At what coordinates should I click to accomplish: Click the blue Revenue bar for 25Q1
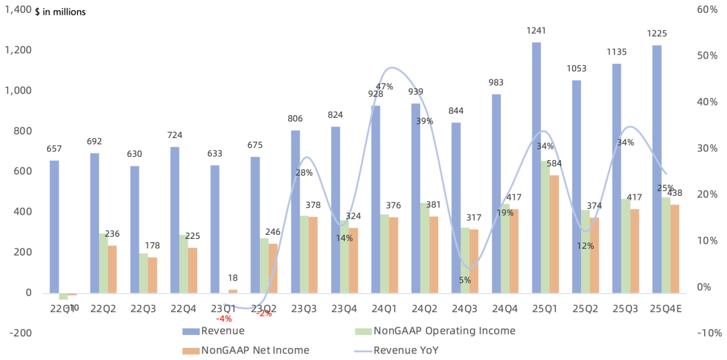[x=536, y=168]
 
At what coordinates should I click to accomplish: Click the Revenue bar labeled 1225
[x=657, y=169]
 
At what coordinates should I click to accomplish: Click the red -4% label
[x=223, y=318]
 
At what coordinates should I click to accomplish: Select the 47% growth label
[x=384, y=87]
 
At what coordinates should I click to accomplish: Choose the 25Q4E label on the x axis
[x=666, y=308]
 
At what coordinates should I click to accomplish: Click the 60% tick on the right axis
[x=707, y=9]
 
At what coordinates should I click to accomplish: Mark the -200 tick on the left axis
[x=20, y=333]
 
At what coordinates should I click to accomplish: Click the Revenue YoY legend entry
[x=406, y=350]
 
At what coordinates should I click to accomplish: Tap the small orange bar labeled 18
[x=233, y=291]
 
